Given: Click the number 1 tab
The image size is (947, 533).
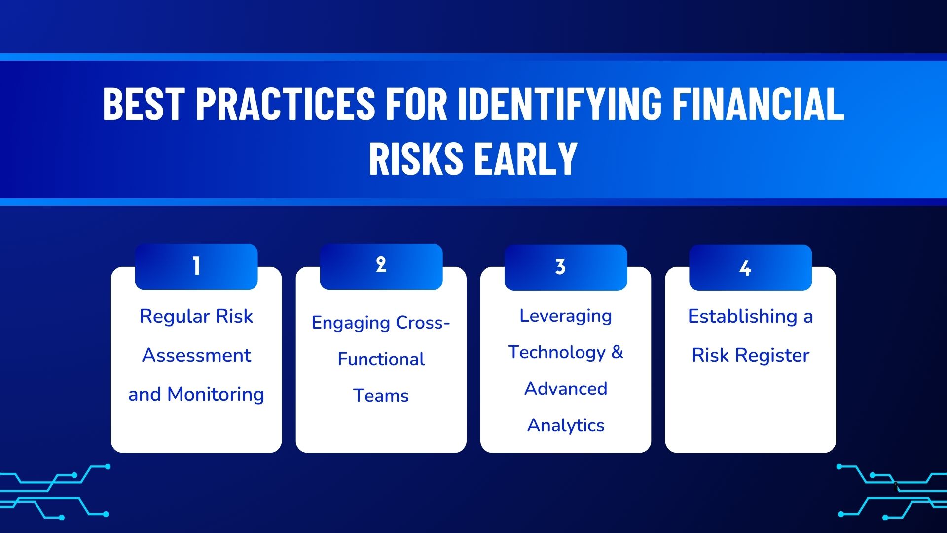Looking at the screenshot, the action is point(196,266).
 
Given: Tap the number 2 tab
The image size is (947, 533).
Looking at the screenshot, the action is point(381,266).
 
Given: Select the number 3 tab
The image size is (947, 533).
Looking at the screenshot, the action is point(566,267).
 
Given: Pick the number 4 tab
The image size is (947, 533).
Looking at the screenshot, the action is point(751,267).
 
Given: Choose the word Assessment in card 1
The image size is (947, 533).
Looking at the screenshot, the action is point(196,355).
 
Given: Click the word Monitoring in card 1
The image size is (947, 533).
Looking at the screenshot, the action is point(216,395).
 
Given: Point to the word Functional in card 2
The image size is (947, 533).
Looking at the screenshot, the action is point(381,359).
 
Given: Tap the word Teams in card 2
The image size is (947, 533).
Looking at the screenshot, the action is point(381,395).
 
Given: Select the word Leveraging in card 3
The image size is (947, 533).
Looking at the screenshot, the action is point(566,316).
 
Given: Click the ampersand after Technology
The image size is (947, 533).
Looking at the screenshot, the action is point(617,352).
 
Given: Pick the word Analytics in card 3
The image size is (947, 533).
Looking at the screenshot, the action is point(566,425).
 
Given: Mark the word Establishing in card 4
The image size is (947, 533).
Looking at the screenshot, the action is point(743,316).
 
